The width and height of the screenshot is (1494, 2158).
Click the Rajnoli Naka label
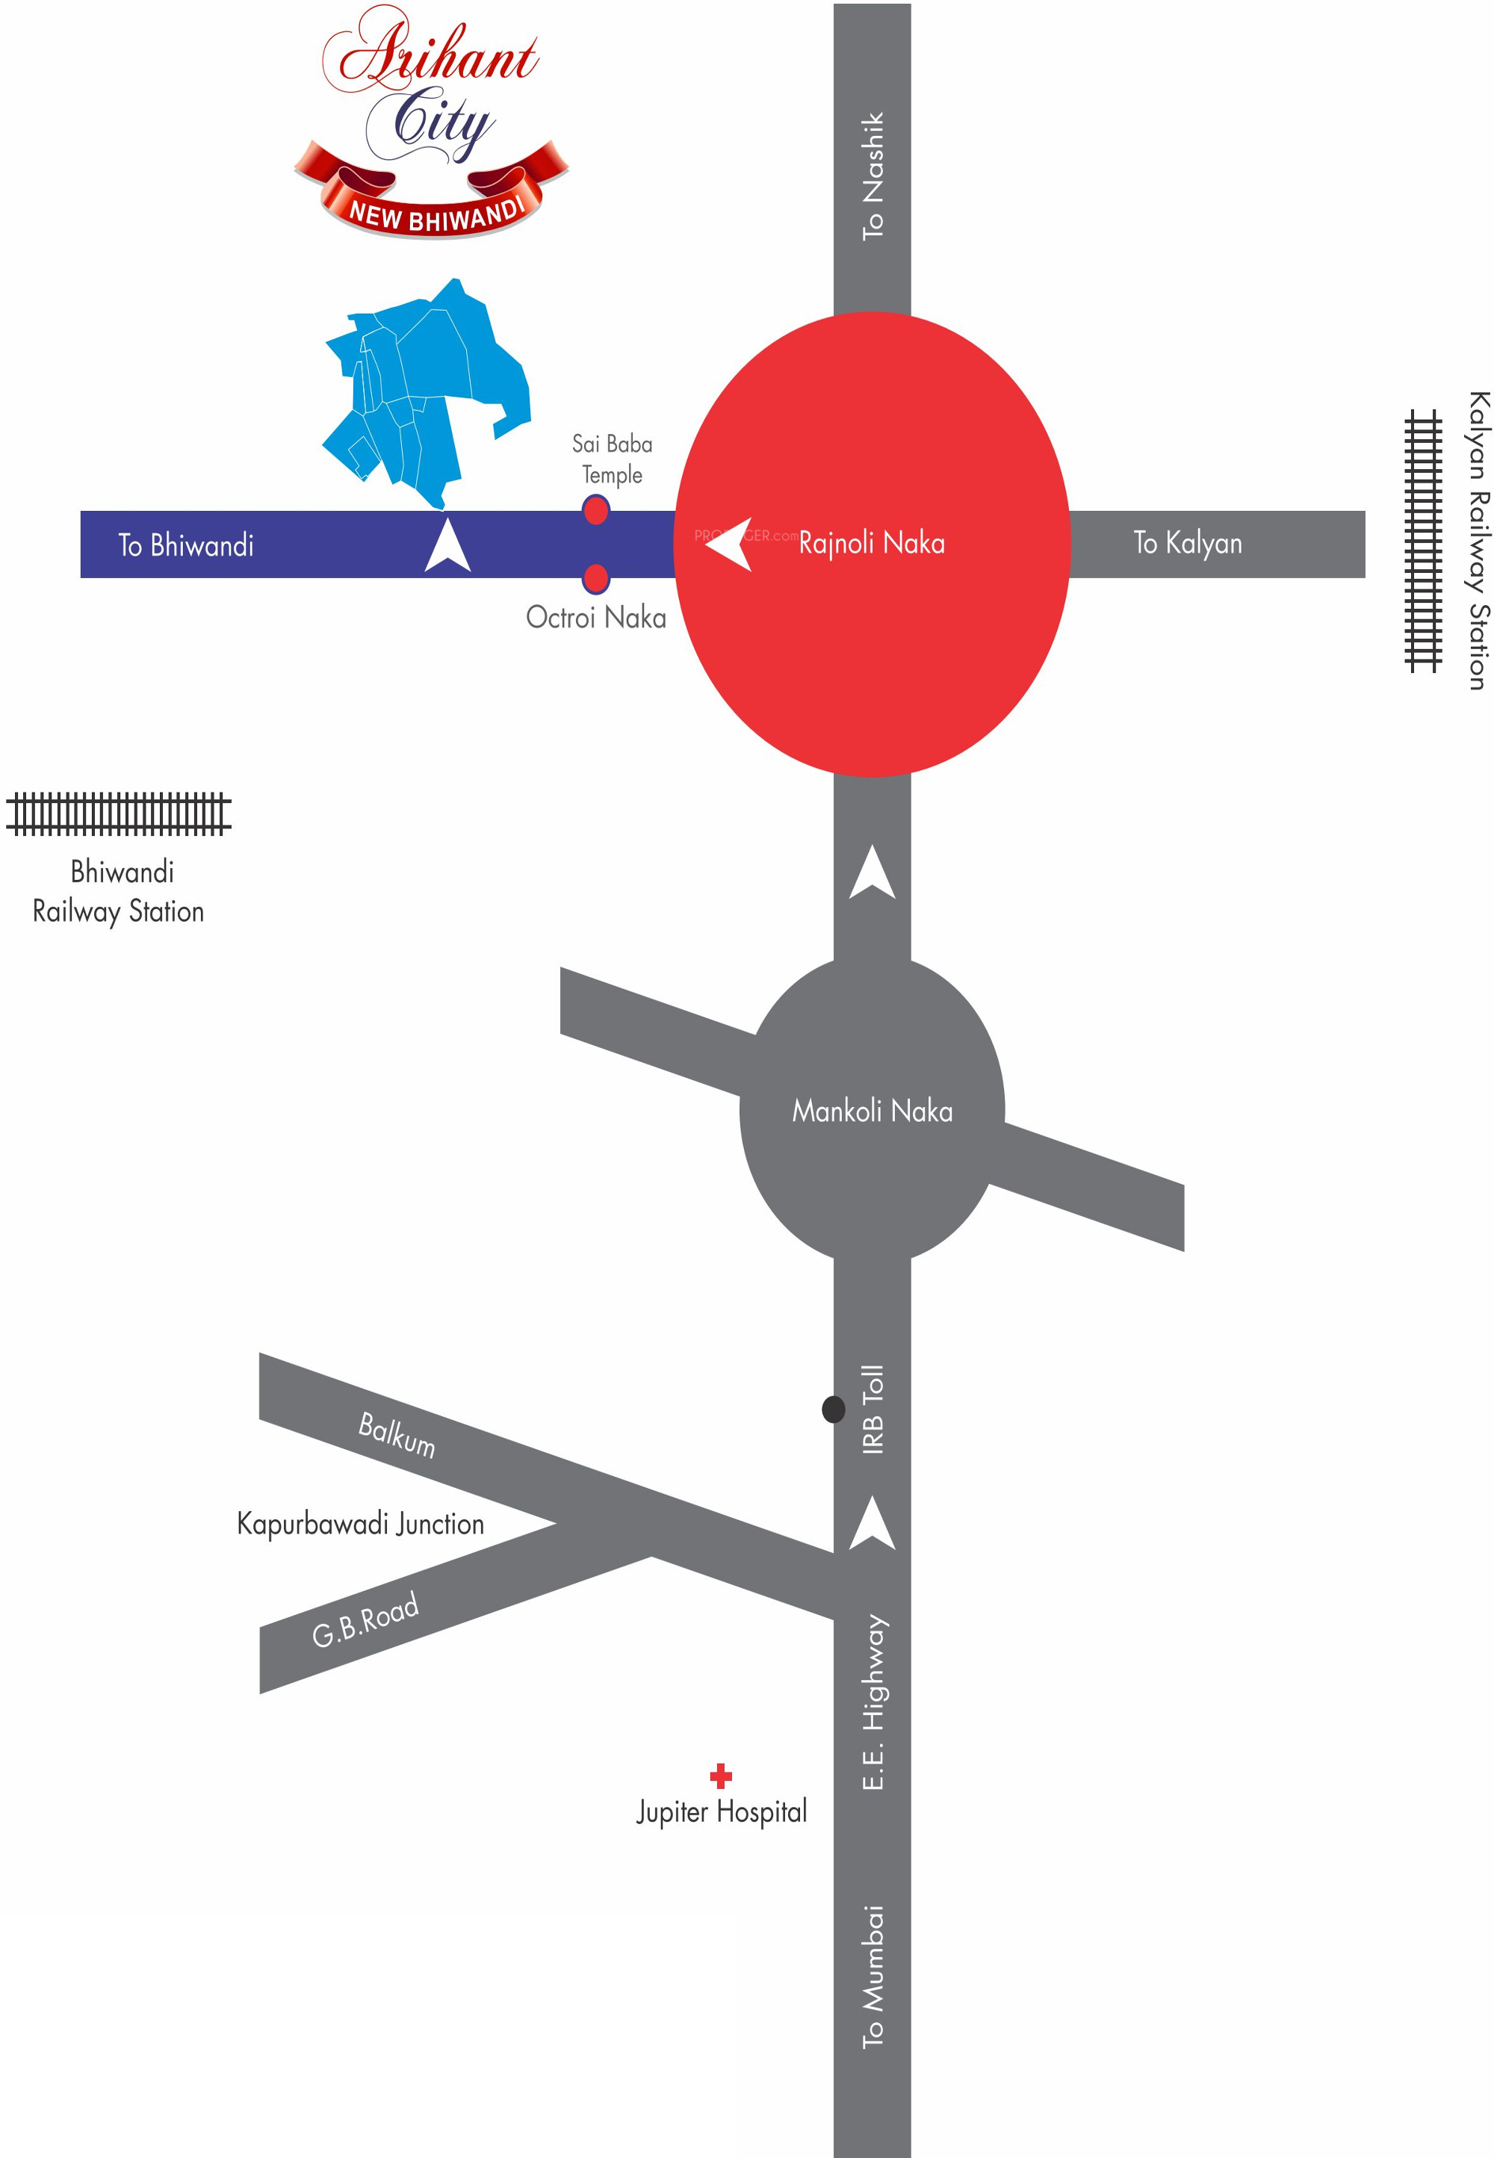point(872,543)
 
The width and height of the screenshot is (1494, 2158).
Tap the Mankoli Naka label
point(872,1111)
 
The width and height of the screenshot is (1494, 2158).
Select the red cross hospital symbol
point(721,1776)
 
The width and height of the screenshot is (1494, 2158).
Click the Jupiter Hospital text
point(722,1811)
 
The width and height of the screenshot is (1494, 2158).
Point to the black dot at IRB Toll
point(833,1408)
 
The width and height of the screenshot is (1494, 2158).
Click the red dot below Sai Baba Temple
point(595,511)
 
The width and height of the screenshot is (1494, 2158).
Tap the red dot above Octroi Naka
point(595,578)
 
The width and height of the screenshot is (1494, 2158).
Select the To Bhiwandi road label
point(185,545)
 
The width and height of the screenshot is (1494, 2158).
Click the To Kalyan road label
point(1187,543)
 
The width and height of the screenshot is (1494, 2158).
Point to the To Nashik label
point(872,176)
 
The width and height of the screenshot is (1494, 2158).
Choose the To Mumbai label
point(872,1976)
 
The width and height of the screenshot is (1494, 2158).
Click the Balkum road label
point(397,1435)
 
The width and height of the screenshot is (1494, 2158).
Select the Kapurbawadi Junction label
point(360,1524)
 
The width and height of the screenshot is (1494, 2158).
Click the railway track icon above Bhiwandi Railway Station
point(119,813)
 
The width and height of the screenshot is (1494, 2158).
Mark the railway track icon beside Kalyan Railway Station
point(1423,541)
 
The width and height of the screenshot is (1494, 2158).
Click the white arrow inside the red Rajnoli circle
point(730,543)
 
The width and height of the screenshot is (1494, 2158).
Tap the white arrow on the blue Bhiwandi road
point(447,545)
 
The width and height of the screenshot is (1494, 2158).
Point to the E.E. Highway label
point(872,1702)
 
